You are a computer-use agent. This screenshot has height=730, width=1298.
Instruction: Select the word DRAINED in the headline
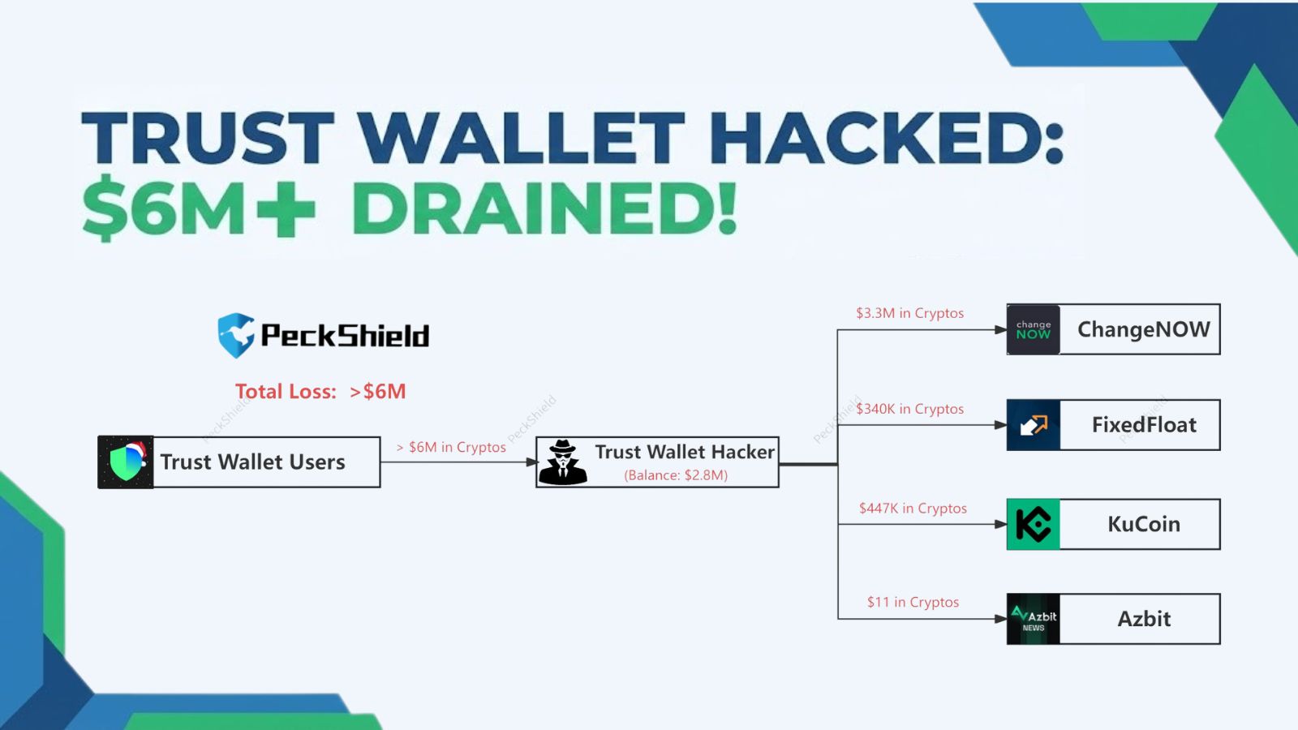tap(544, 208)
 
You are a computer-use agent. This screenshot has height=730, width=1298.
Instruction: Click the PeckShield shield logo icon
tap(236, 335)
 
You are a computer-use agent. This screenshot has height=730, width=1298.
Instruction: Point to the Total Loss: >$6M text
tap(320, 392)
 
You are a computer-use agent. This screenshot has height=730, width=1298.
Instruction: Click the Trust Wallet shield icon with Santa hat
tap(126, 462)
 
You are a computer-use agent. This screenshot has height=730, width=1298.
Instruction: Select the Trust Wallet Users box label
tap(252, 462)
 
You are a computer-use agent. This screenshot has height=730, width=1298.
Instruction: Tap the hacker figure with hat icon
tap(562, 462)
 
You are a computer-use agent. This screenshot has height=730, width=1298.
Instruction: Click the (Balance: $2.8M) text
tap(676, 475)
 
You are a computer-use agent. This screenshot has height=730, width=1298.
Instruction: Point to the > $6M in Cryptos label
tap(451, 447)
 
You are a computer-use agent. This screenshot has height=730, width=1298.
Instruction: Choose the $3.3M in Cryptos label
tap(909, 313)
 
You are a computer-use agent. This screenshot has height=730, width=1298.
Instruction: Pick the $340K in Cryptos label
tap(909, 409)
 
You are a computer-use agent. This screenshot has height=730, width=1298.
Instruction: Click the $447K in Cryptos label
tap(913, 509)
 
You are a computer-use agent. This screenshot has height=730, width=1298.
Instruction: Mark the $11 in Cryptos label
tap(913, 602)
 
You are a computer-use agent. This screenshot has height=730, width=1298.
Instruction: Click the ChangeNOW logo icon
tap(1033, 329)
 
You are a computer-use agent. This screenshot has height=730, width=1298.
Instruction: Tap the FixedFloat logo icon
tap(1033, 425)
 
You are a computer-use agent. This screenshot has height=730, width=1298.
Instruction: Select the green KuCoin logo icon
tap(1033, 524)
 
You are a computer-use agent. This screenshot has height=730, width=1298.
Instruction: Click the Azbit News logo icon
tap(1033, 619)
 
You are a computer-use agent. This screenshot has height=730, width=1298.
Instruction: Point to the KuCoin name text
tap(1144, 524)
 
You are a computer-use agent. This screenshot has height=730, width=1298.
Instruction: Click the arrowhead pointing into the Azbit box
tap(1001, 619)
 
